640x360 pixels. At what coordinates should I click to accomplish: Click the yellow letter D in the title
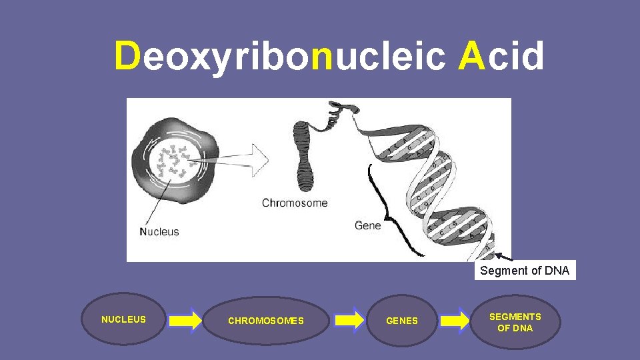[127, 56]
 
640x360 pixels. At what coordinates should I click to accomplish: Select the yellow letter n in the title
[322, 58]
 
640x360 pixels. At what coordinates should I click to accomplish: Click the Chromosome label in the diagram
[295, 203]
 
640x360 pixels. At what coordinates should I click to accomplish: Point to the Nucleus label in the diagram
[159, 232]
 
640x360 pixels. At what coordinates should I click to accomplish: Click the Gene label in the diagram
[368, 225]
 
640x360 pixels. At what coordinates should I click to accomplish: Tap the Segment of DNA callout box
[525, 271]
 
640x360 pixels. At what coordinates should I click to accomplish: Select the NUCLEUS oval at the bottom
[123, 320]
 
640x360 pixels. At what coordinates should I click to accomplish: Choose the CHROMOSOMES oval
[266, 321]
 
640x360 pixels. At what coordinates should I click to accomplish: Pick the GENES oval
[402, 321]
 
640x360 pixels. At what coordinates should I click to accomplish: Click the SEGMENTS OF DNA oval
[515, 322]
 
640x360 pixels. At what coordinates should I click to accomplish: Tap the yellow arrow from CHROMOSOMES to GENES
[349, 321]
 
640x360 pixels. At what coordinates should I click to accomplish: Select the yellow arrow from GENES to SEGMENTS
[455, 321]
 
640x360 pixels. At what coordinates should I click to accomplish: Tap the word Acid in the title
[501, 56]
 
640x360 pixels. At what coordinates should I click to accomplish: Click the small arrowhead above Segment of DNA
[498, 255]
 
